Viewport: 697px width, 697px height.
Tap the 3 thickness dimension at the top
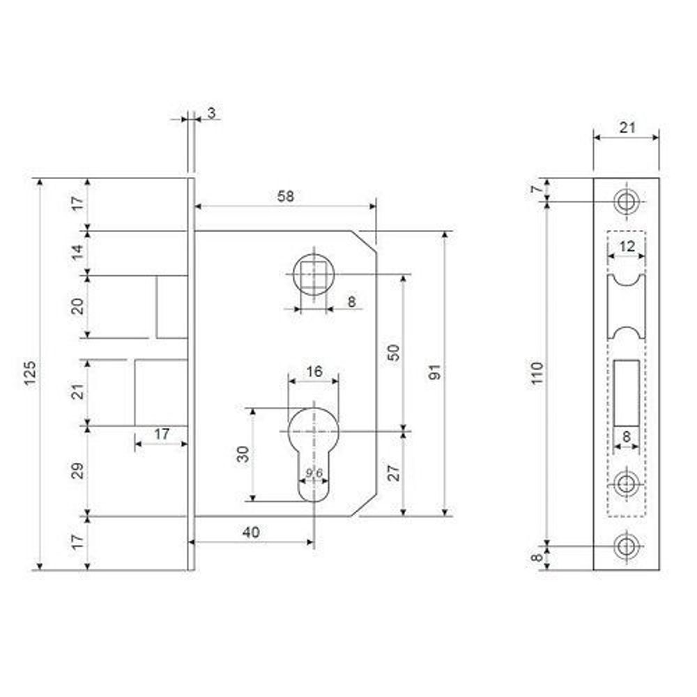coord(210,112)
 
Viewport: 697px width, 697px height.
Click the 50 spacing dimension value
coord(394,352)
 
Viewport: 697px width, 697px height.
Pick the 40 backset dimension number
coord(251,532)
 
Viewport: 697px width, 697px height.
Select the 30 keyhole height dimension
coord(243,454)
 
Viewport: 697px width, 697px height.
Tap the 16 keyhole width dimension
coord(314,372)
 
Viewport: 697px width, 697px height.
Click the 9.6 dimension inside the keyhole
coord(314,474)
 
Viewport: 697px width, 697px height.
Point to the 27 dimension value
coord(394,474)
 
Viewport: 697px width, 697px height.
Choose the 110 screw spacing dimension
coord(537,374)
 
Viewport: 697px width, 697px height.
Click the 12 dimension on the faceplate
coord(627,246)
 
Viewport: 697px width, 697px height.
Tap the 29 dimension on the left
coord(78,470)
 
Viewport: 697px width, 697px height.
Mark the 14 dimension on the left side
coord(78,252)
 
